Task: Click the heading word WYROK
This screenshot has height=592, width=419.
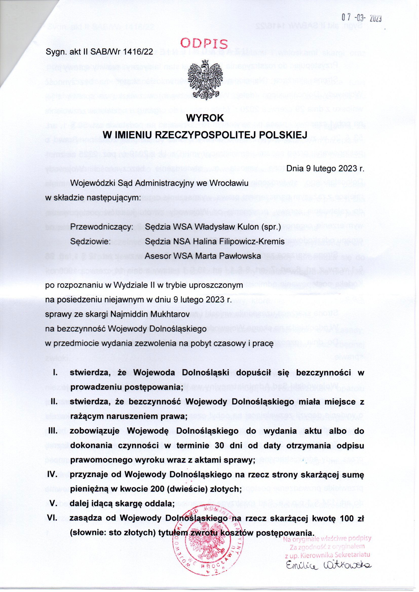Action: pos(205,118)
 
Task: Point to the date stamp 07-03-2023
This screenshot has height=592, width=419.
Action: pos(358,18)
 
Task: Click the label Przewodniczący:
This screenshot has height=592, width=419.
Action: pos(102,227)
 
